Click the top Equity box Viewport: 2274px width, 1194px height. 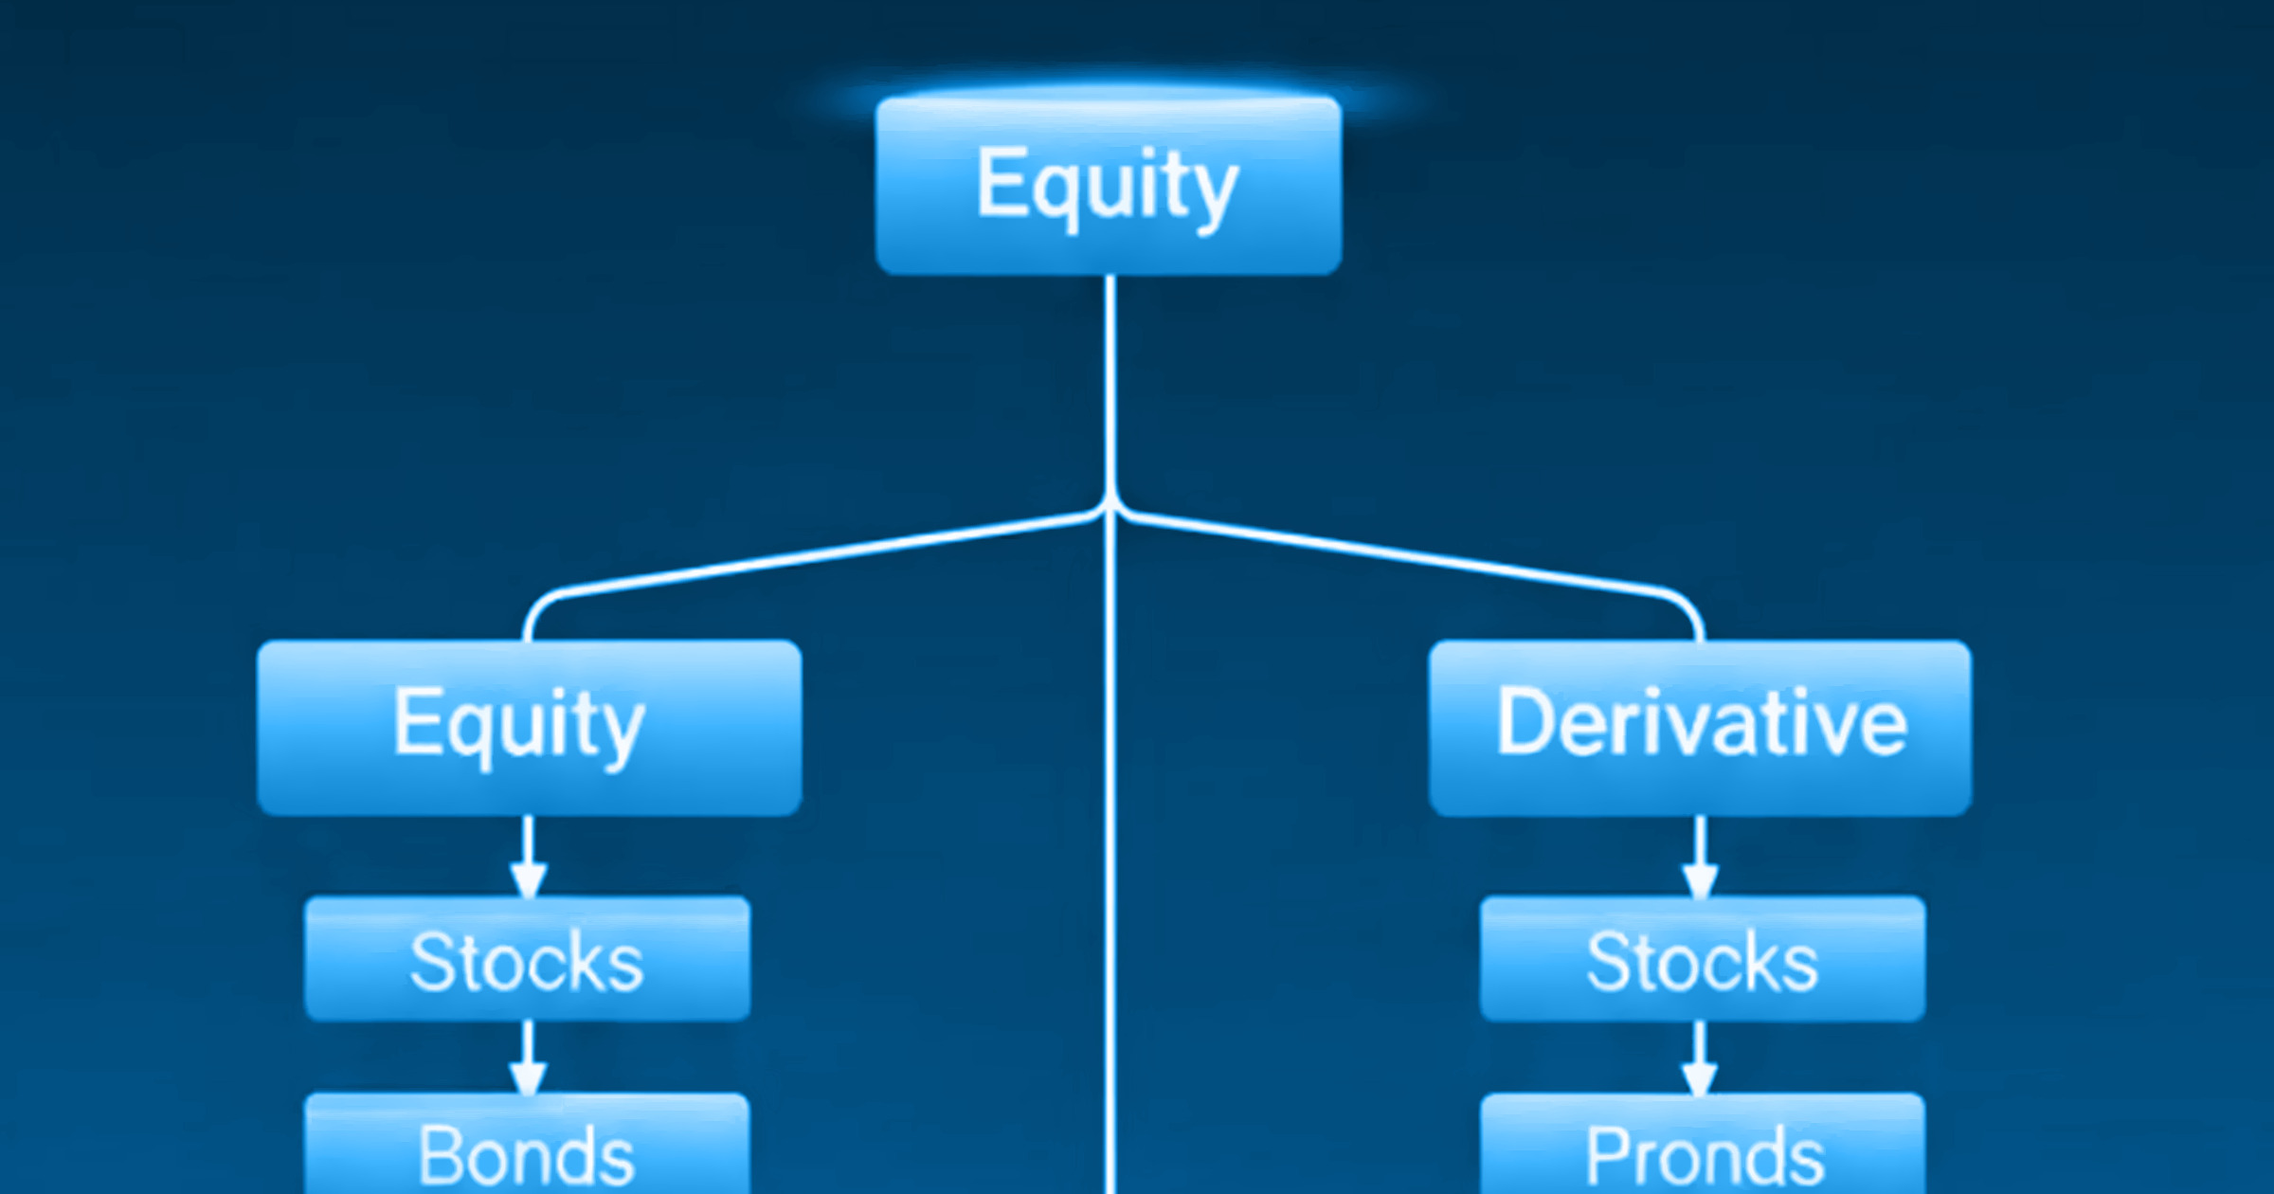coord(1109,186)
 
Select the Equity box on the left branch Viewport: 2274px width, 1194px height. coord(530,728)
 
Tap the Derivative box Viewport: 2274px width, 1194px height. coord(1701,728)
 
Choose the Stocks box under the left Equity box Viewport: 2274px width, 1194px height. coord(528,959)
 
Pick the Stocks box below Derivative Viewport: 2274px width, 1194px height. coord(1703,959)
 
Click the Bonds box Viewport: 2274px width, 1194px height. coord(527,1144)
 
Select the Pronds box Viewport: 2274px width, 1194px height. coord(1703,1144)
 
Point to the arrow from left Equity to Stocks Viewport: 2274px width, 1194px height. coord(528,857)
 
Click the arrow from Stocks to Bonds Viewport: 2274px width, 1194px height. coord(528,1058)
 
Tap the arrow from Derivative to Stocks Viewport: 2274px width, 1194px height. coord(1701,857)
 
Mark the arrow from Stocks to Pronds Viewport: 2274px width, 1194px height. coord(1700,1058)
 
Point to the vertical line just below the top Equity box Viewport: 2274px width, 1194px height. coord(1110,389)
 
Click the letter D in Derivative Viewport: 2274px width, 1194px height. coord(1523,722)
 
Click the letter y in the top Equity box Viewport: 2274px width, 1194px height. coord(1214,198)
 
